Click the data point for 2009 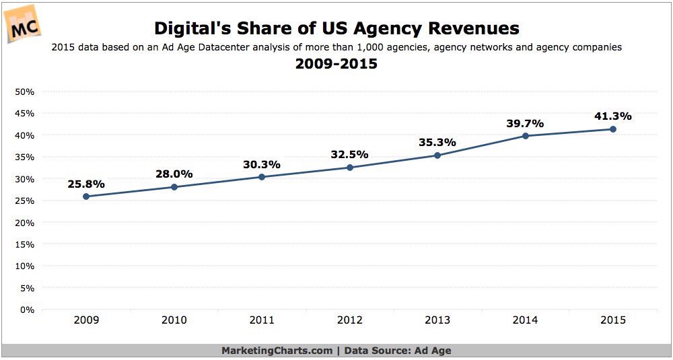pyautogui.click(x=86, y=196)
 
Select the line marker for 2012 pyautogui.click(x=349, y=168)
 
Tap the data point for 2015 pyautogui.click(x=612, y=129)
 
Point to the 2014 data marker pyautogui.click(x=525, y=136)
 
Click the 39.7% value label pyautogui.click(x=525, y=123)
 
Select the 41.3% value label pyautogui.click(x=612, y=116)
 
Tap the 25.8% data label pyautogui.click(x=86, y=183)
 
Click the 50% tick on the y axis pyautogui.click(x=25, y=92)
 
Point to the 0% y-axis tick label pyautogui.click(x=28, y=310)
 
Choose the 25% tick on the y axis pyautogui.click(x=25, y=201)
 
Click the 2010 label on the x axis pyautogui.click(x=174, y=321)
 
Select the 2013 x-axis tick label pyautogui.click(x=437, y=321)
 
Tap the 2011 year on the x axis pyautogui.click(x=262, y=321)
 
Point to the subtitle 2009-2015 pyautogui.click(x=336, y=65)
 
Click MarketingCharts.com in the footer pyautogui.click(x=277, y=351)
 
